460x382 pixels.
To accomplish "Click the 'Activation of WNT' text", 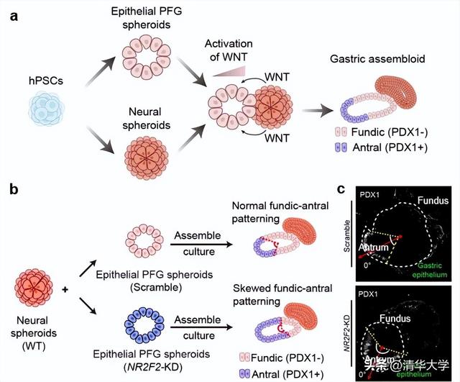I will (229, 51).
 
